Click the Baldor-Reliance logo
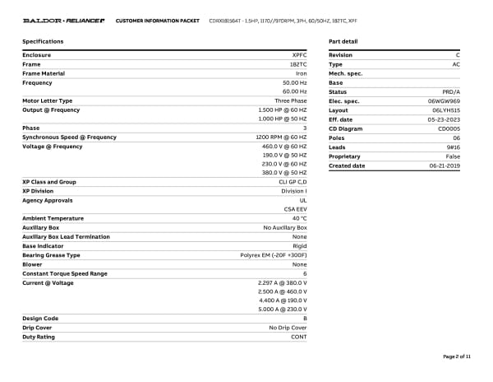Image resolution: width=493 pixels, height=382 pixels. pyautogui.click(x=63, y=20)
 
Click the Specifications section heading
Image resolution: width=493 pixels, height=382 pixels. pyautogui.click(x=43, y=41)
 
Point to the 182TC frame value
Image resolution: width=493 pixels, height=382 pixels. pyautogui.click(x=298, y=64)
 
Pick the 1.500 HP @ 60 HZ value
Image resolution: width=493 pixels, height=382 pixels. pyautogui.click(x=283, y=109)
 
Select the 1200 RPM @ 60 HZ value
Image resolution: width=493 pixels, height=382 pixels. pyautogui.click(x=281, y=137)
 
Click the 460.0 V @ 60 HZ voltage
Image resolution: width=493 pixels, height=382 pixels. pyautogui.click(x=284, y=146)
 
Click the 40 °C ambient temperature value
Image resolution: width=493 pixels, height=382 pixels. pyautogui.click(x=299, y=218)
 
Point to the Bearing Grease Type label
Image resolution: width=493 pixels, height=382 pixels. pyautogui.click(x=51, y=255)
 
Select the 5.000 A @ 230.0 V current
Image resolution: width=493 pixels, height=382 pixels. pyautogui.click(x=283, y=309)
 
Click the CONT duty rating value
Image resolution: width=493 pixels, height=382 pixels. pyautogui.click(x=299, y=337)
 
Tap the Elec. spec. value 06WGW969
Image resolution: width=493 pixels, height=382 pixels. pyautogui.click(x=444, y=100)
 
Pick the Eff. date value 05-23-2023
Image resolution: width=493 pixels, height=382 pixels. pyautogui.click(x=444, y=119)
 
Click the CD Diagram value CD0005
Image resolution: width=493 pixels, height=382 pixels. pyautogui.click(x=449, y=128)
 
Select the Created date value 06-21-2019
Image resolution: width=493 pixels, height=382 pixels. pyautogui.click(x=445, y=165)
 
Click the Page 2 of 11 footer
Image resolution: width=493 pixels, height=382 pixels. pyautogui.click(x=457, y=356)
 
